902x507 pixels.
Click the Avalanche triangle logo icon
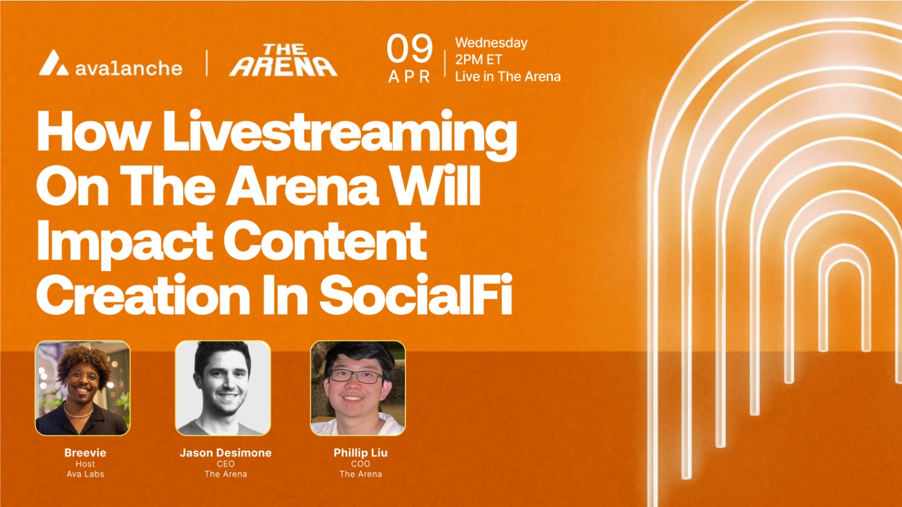pos(54,63)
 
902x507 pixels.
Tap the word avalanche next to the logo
pos(129,68)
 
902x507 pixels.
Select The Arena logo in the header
pos(284,60)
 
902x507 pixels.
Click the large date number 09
pos(409,49)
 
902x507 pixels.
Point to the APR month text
pos(409,77)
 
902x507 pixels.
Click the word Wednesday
pos(491,43)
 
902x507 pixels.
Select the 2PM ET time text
pos(478,59)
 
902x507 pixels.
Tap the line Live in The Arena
pos(508,76)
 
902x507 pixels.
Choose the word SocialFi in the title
pos(416,294)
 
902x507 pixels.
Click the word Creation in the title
pos(144,294)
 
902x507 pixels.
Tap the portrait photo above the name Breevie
pos(82,388)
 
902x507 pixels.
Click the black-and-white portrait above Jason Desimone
pos(223,388)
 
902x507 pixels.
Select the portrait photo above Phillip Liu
pos(358,388)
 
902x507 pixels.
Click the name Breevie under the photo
pos(85,452)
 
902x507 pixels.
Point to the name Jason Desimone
pos(225,452)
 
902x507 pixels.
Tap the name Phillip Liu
pos(360,452)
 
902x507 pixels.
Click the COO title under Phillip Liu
pos(360,464)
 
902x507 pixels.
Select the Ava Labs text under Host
pos(85,474)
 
